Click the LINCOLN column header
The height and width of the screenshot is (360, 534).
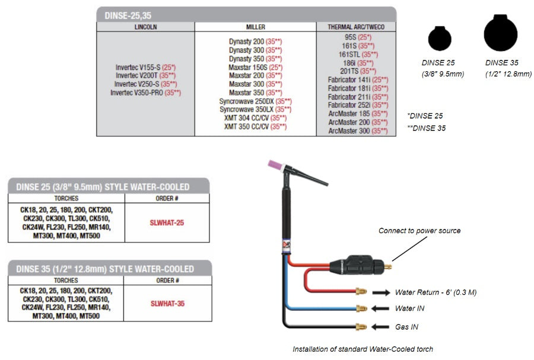tap(145, 27)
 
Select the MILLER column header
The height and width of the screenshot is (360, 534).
tap(256, 27)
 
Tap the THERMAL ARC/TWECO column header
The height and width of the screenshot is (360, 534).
tap(355, 27)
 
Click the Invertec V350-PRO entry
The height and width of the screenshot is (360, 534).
tap(145, 93)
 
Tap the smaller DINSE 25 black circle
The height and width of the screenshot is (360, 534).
tap(440, 40)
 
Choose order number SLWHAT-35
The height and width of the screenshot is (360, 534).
tap(167, 304)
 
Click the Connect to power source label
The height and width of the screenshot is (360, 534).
tap(419, 231)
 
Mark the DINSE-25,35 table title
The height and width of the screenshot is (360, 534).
tap(125, 15)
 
